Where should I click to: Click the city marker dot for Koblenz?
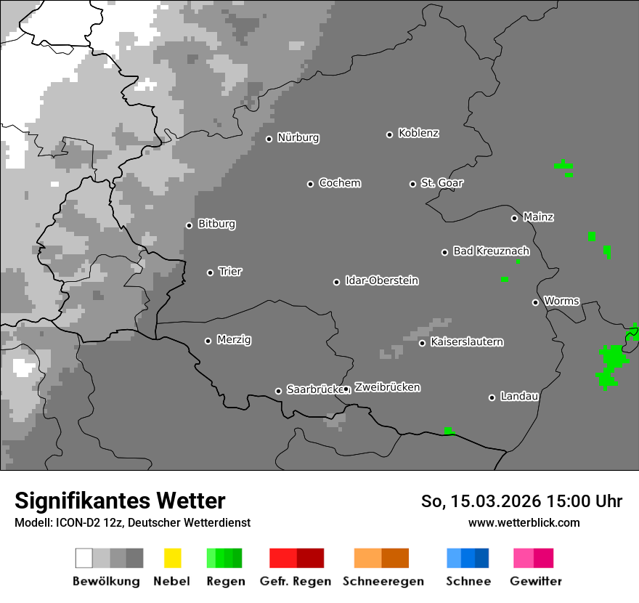tap(390, 134)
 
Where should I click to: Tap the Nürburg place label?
tap(298, 138)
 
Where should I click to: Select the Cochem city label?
tap(340, 183)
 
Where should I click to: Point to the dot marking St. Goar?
tap(412, 184)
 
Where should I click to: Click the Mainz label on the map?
tap(539, 217)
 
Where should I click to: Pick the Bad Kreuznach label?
tap(491, 251)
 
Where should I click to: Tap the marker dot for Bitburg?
tap(190, 225)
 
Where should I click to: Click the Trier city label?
tap(230, 272)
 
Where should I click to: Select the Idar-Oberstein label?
tap(382, 281)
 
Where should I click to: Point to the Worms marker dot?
tap(536, 302)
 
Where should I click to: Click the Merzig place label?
tap(234, 340)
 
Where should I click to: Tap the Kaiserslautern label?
tap(467, 342)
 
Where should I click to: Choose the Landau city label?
tap(519, 397)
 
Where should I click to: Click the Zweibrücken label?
tap(387, 388)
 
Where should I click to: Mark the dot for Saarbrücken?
tap(278, 391)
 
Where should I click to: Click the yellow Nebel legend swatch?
tap(172, 558)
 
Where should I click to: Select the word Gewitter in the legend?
tap(536, 581)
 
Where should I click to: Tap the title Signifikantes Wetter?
tap(120, 501)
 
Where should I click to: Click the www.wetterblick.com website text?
tap(524, 522)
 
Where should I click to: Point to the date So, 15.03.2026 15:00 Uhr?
tap(522, 501)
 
